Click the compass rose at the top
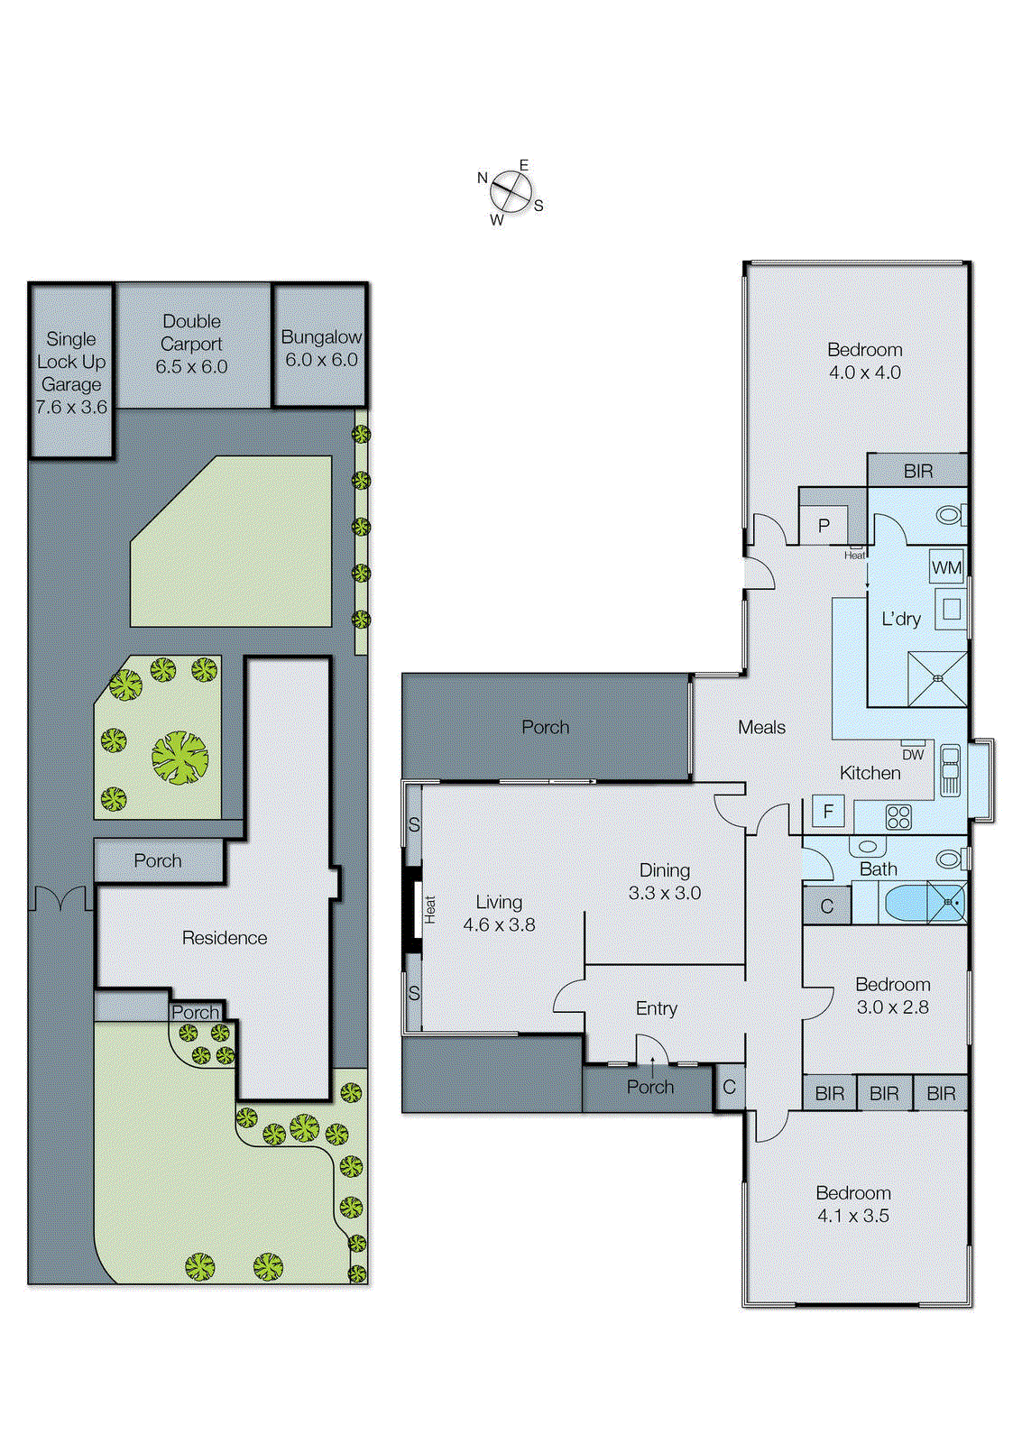pyautogui.click(x=511, y=192)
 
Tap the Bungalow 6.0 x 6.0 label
pyautogui.click(x=321, y=348)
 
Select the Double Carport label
pyautogui.click(x=191, y=344)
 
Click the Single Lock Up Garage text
pyautogui.click(x=71, y=372)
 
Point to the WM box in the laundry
pyautogui.click(x=946, y=567)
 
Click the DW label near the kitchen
pyautogui.click(x=913, y=755)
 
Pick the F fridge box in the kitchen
pyautogui.click(x=828, y=812)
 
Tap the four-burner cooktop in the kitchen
pyautogui.click(x=898, y=817)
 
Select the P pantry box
pyautogui.click(x=824, y=526)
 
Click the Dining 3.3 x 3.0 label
pyautogui.click(x=665, y=881)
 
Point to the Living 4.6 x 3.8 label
pyautogui.click(x=499, y=913)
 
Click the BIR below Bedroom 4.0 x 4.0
pyautogui.click(x=918, y=471)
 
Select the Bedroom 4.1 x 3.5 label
pyautogui.click(x=853, y=1204)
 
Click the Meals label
pyautogui.click(x=761, y=727)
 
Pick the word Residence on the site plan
pyautogui.click(x=225, y=938)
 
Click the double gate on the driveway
pyautogui.click(x=61, y=899)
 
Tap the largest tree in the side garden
pyautogui.click(x=180, y=757)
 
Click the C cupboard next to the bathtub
pyautogui.click(x=827, y=906)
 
